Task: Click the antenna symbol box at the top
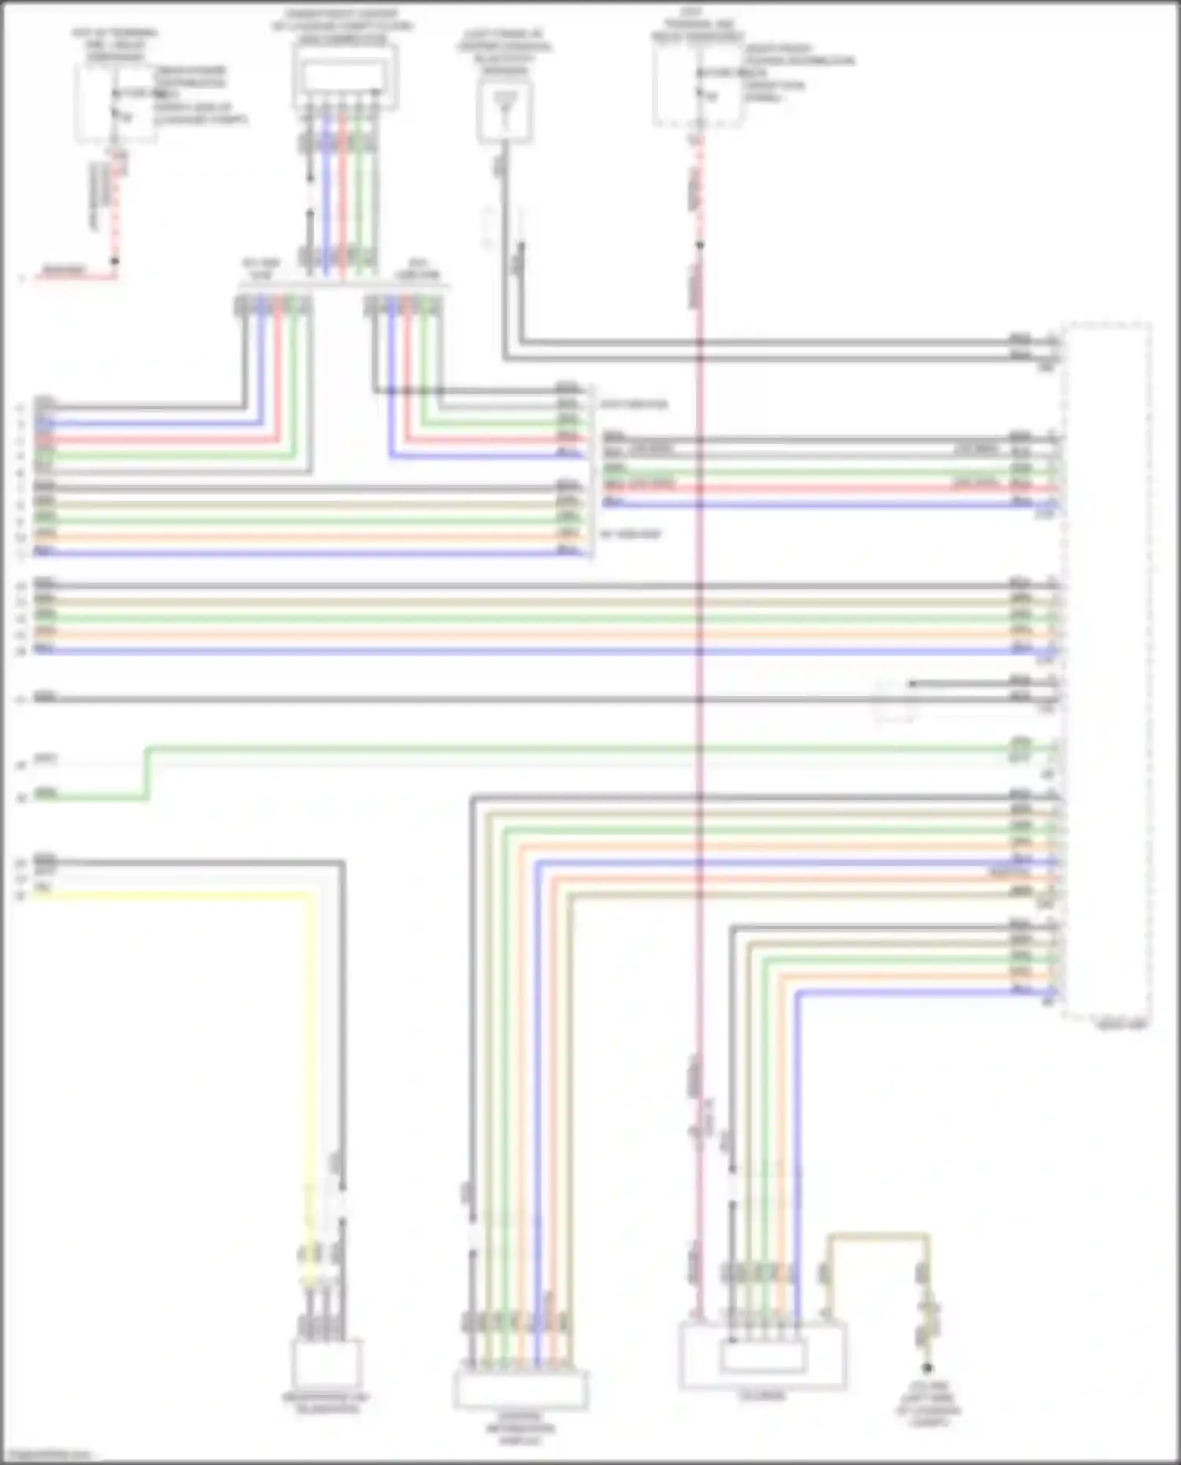(x=505, y=112)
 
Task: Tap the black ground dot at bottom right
(x=927, y=1368)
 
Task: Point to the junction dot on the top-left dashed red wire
(x=115, y=261)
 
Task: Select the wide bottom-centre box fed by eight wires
(x=520, y=1389)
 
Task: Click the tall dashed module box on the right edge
(x=1106, y=669)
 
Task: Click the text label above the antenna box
(x=505, y=51)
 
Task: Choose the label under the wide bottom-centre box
(x=520, y=1427)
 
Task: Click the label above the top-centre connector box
(x=342, y=26)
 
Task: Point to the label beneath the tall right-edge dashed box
(x=1122, y=1025)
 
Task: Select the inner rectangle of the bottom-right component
(x=763, y=1356)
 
